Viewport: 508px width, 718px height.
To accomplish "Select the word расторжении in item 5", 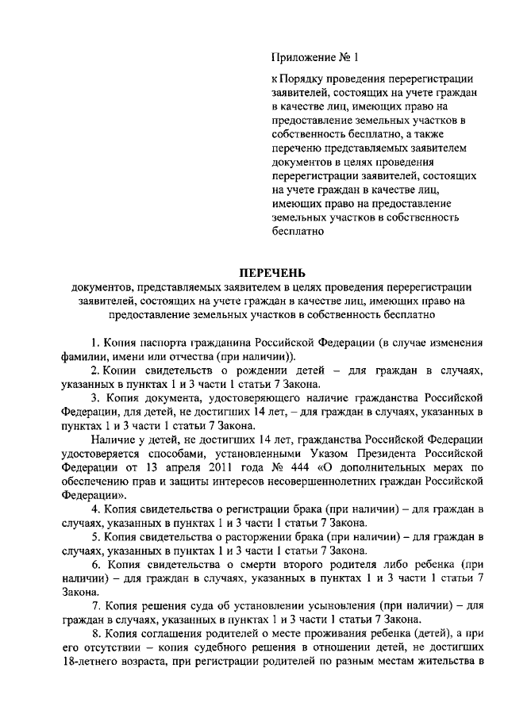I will coord(237,536).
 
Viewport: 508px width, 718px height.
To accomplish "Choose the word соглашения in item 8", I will coord(167,633).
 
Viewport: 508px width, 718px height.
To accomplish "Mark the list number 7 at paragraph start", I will coord(95,605).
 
